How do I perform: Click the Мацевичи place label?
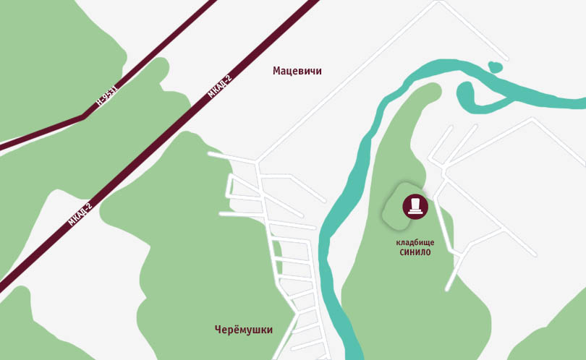click(x=297, y=71)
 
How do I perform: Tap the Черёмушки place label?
click(x=243, y=330)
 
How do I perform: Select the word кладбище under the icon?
click(x=415, y=242)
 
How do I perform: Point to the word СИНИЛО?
click(x=415, y=252)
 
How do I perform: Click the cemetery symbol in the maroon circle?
click(x=415, y=206)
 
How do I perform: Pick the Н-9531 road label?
click(x=106, y=95)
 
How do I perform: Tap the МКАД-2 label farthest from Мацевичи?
click(x=80, y=215)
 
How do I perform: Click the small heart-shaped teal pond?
click(x=496, y=67)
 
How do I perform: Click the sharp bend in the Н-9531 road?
click(x=84, y=116)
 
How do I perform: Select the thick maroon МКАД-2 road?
click(x=159, y=145)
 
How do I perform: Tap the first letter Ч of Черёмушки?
click(x=218, y=330)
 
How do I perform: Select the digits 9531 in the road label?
click(x=109, y=93)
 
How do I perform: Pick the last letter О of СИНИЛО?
click(x=428, y=252)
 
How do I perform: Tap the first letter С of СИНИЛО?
click(x=402, y=252)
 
